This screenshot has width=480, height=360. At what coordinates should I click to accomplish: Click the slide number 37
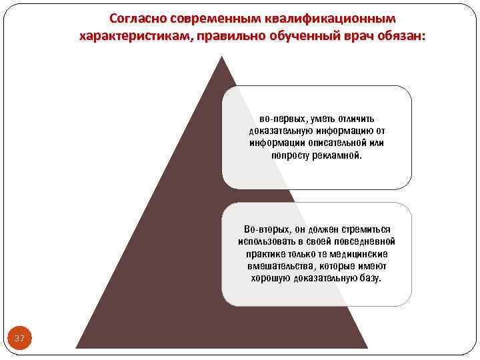(19, 339)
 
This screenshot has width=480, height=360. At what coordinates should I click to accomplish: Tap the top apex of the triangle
(222, 56)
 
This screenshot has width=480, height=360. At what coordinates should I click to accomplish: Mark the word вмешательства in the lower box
(277, 266)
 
